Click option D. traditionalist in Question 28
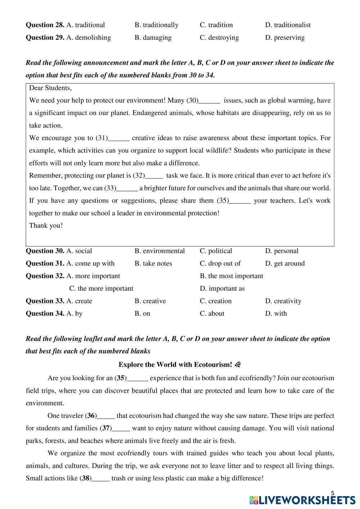pos(288,25)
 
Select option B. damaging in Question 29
pos(153,37)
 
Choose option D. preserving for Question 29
pos(285,37)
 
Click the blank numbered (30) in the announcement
pos(209,101)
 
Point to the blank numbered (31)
pos(118,138)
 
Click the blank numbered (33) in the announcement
pos(127,188)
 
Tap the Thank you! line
pos(46,226)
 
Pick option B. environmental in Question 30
pos(159,251)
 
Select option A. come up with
pos(90,264)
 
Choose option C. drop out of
pos(220,264)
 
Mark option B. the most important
pos(231,276)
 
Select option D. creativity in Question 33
pos(283,301)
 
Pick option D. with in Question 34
pos(276,314)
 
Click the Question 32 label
pos(45,276)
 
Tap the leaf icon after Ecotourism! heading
pos(237,365)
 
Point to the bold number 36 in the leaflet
pos(91,416)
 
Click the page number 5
pos(332,493)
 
